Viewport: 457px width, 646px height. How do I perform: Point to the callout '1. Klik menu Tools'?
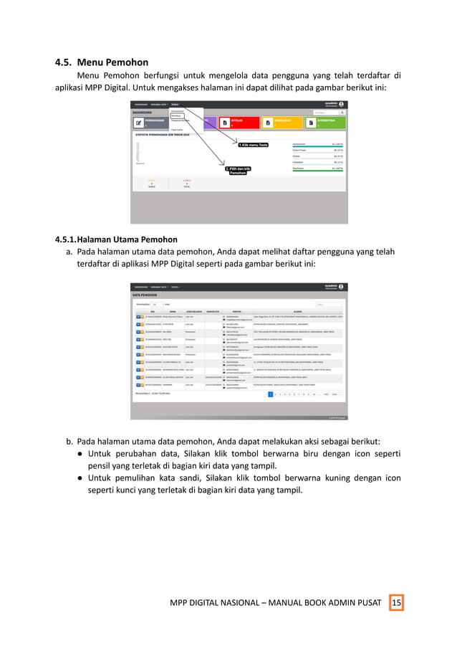click(x=254, y=144)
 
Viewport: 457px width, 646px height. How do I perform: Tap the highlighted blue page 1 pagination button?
click(x=271, y=394)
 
